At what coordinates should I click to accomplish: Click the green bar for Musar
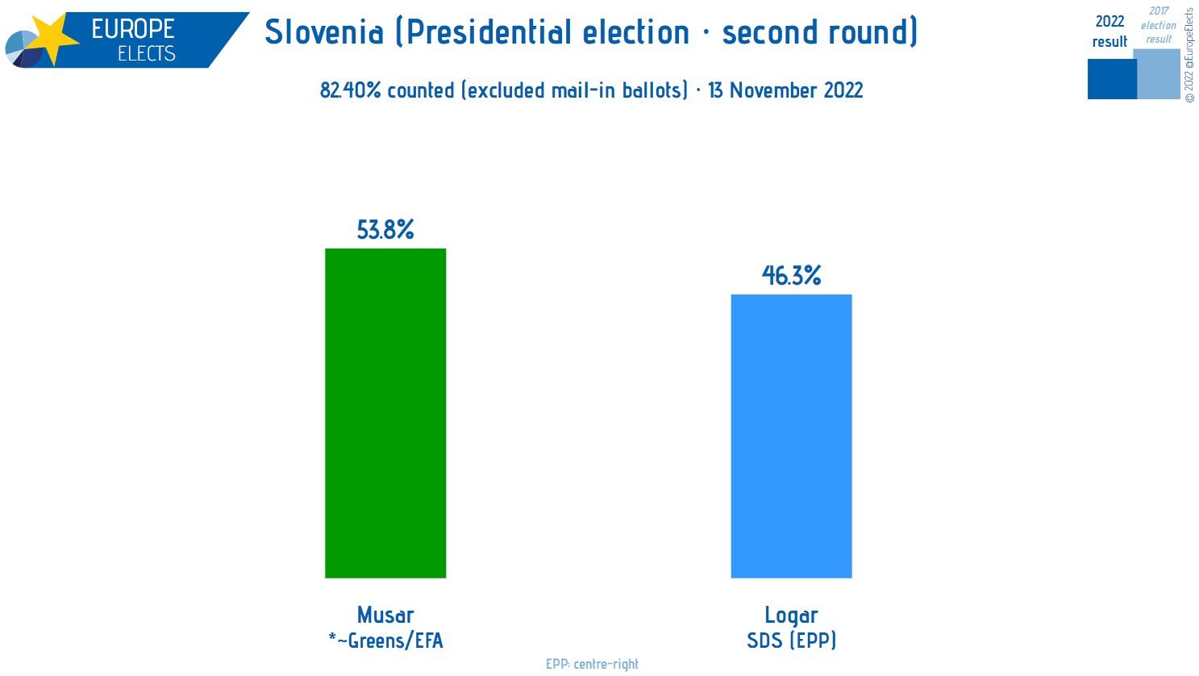385,412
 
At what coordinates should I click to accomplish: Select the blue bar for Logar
790,436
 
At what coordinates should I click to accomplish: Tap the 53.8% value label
385,230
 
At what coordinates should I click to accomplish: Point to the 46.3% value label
791,276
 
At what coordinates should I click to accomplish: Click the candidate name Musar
385,615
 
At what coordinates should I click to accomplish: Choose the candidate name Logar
791,615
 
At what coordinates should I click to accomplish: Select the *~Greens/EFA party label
385,641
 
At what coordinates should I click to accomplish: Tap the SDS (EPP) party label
791,641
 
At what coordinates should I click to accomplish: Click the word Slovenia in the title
324,32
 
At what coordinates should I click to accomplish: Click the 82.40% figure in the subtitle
350,90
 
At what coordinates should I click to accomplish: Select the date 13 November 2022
785,90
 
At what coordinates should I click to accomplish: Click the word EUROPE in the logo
133,29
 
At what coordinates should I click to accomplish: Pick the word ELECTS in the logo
146,54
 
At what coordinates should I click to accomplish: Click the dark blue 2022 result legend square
1111,79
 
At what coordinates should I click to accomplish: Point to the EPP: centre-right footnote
592,664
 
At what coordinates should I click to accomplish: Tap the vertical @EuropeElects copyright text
1189,55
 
